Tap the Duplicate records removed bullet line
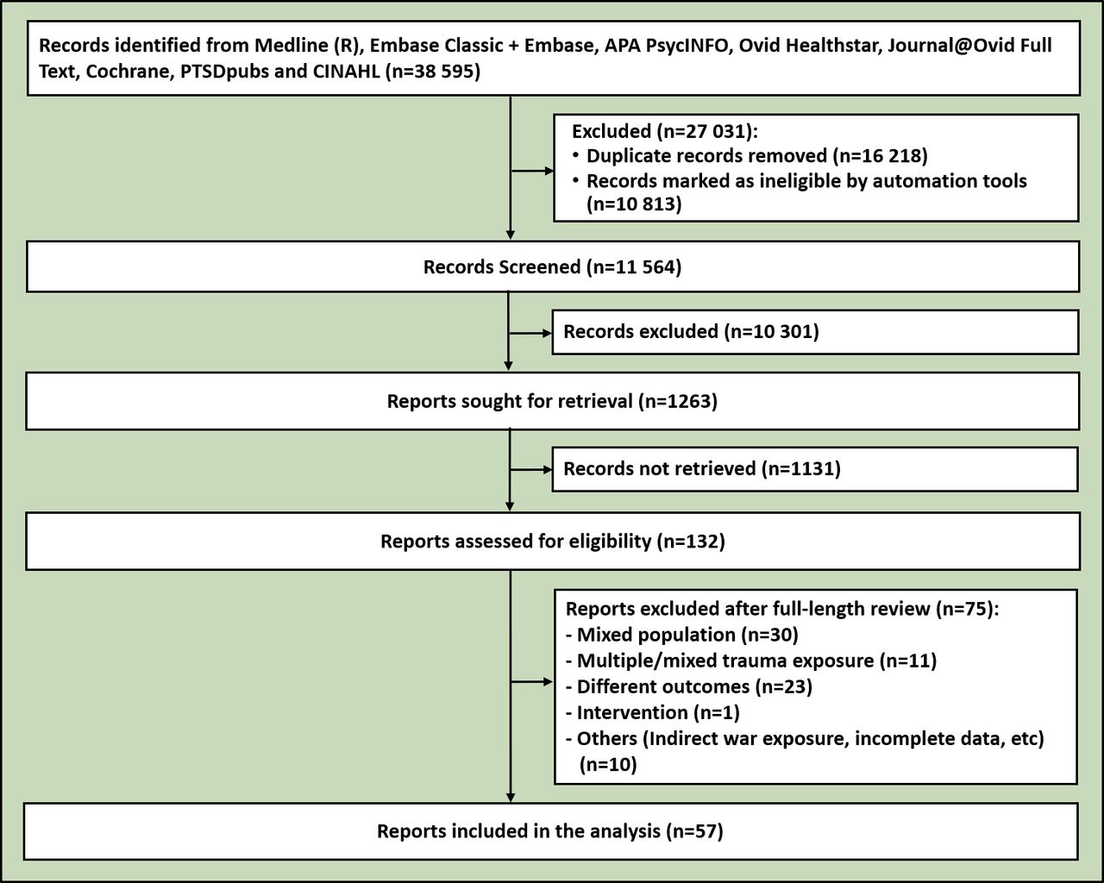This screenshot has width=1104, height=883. [x=756, y=156]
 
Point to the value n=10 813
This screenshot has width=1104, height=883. [x=634, y=204]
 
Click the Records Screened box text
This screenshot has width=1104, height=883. [x=552, y=266]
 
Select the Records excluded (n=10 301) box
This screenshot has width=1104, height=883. [x=814, y=332]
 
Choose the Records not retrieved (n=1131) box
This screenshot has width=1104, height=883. [x=814, y=468]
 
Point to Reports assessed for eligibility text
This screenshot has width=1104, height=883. [x=552, y=542]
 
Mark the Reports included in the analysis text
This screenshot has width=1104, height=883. [x=549, y=831]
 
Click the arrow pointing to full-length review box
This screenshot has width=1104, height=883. [x=532, y=682]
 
